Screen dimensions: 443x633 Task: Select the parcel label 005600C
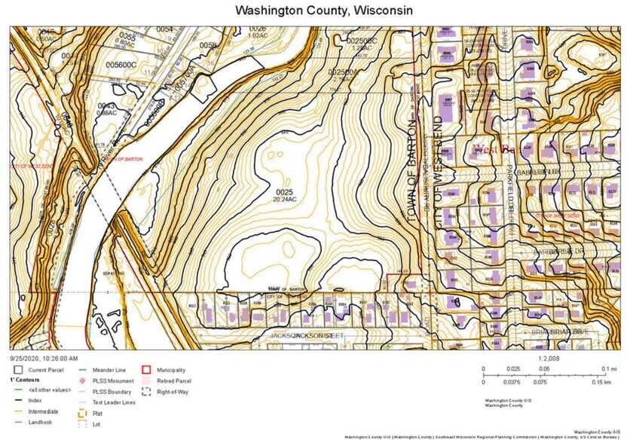coord(121,66)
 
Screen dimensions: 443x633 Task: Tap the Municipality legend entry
coord(173,370)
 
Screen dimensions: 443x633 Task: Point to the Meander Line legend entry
coord(109,370)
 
